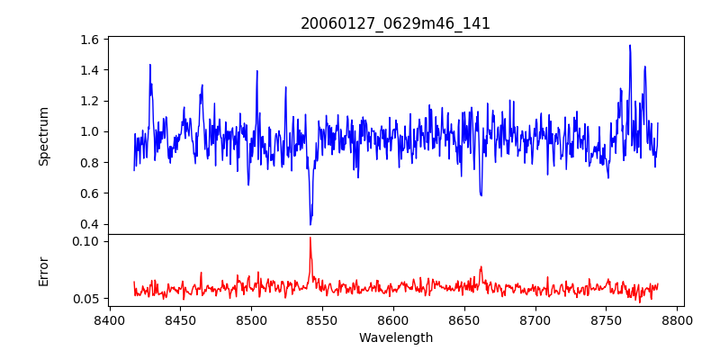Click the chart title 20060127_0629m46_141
coord(395,23)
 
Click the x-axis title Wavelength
coord(395,338)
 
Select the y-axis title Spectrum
coord(44,136)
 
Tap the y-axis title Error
coord(44,271)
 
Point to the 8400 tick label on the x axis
coord(110,319)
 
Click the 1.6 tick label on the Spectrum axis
coord(89,40)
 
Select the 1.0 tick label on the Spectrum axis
coord(89,131)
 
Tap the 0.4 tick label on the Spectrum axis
coord(89,224)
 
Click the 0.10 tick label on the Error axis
coord(86,241)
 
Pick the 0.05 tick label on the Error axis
coord(86,299)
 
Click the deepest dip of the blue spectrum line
coord(310,224)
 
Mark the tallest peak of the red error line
coord(310,238)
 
